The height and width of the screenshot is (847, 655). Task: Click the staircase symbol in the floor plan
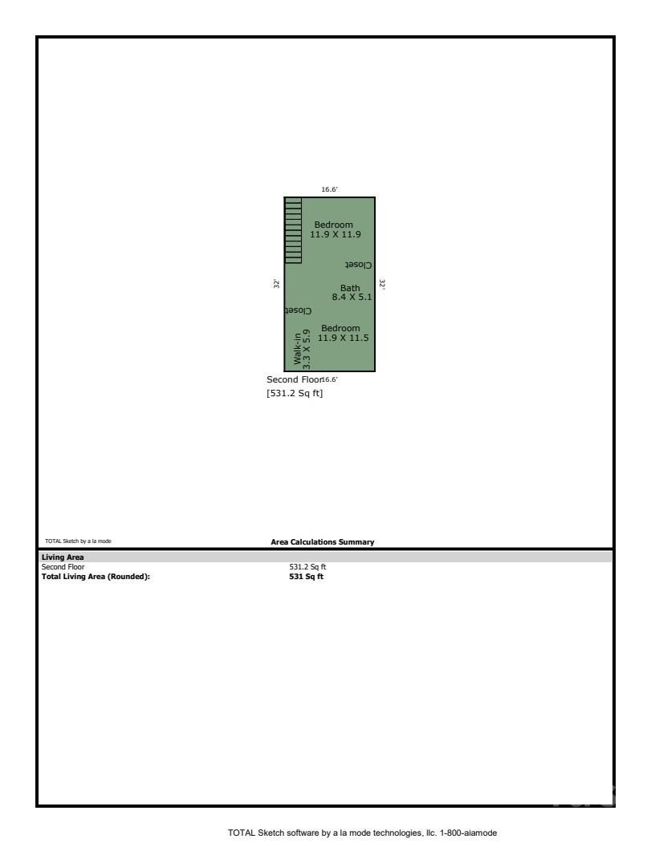pos(293,230)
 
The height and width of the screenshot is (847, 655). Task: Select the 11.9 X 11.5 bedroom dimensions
pos(343,338)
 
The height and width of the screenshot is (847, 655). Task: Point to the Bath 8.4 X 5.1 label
pos(350,293)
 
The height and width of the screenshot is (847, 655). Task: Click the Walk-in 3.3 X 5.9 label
pos(301,350)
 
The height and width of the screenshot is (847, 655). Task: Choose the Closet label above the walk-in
pos(298,310)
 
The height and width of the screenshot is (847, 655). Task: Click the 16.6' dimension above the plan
pos(329,190)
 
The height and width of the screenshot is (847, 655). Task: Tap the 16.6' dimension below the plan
pos(330,379)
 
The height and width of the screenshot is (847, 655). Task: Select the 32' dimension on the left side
pos(276,283)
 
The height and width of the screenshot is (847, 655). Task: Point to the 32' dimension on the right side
pos(382,284)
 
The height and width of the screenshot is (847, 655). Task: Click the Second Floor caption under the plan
pos(294,379)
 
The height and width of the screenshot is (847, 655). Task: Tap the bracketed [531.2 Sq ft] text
pos(295,394)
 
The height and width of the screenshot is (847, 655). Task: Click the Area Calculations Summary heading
pos(323,542)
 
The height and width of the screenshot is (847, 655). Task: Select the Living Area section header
pos(63,557)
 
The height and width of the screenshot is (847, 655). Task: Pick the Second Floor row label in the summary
pos(63,567)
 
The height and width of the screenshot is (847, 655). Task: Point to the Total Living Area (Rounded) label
pos(96,576)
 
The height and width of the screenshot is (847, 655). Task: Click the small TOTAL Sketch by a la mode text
pos(78,542)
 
